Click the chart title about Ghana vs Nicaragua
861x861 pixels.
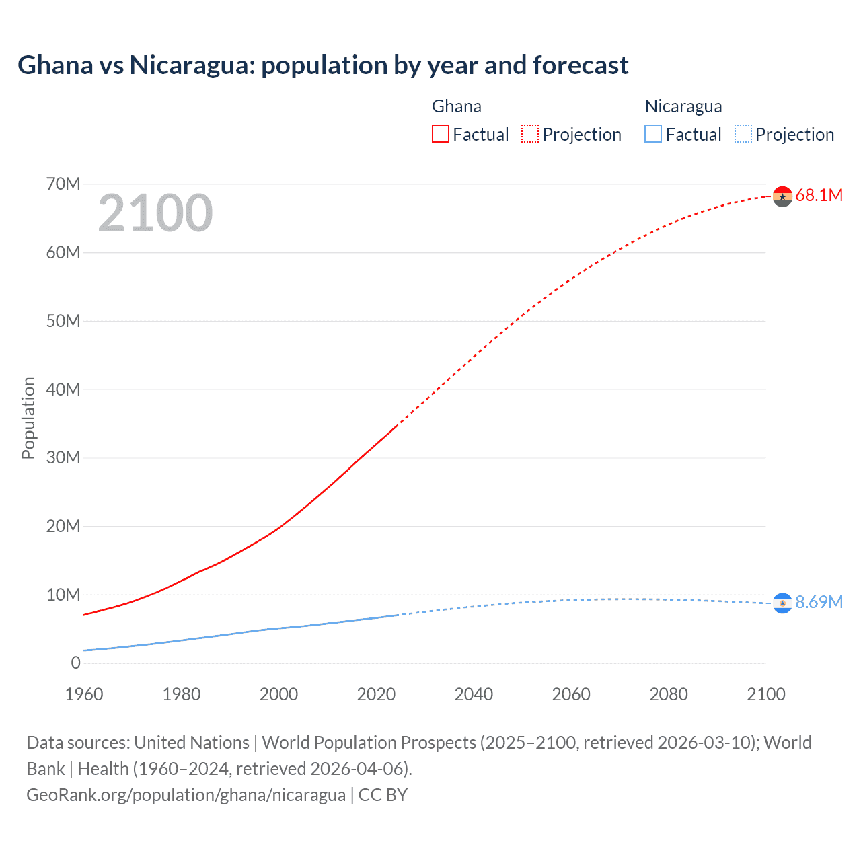pos(323,65)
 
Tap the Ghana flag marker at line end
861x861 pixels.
pos(782,196)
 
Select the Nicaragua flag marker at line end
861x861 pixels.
pos(782,603)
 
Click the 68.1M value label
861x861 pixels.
pos(819,196)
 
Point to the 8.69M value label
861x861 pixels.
pos(819,602)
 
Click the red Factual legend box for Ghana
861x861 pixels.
pos(440,134)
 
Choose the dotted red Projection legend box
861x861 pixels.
pos(530,134)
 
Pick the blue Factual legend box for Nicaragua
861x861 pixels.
pos(653,134)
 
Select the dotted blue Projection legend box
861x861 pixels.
pos(743,134)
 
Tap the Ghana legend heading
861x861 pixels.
pos(456,106)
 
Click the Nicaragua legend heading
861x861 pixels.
pos(683,106)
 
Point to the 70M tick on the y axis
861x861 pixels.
pos(63,184)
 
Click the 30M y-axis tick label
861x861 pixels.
pos(63,458)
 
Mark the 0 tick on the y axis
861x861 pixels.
pos(75,663)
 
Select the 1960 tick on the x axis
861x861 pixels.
pos(84,694)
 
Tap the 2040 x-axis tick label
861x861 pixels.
pos(474,694)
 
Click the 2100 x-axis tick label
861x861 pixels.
pos(765,694)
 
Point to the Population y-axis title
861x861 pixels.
pos(28,418)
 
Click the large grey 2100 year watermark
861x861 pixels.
pos(155,213)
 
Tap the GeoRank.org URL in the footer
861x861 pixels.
pos(186,795)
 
